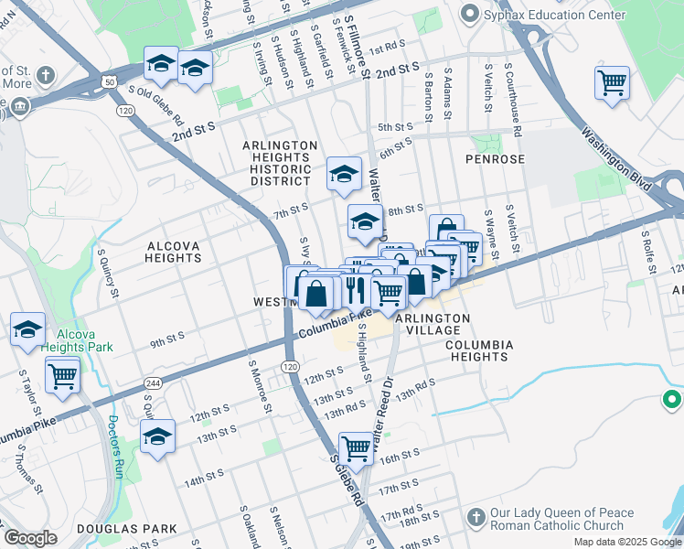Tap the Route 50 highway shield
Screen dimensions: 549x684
tap(109, 82)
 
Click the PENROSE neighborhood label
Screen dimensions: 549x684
tap(495, 159)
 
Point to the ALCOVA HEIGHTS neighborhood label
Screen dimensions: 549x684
tap(173, 252)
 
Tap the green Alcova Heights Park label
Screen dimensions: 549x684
tap(83, 340)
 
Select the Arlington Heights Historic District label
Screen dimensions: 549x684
tap(280, 163)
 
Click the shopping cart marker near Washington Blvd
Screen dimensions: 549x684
tap(612, 83)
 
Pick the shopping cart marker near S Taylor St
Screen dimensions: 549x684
tap(62, 374)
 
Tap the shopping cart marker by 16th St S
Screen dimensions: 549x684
tap(356, 447)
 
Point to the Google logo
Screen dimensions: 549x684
tap(30, 537)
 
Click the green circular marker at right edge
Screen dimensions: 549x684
tap(672, 400)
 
